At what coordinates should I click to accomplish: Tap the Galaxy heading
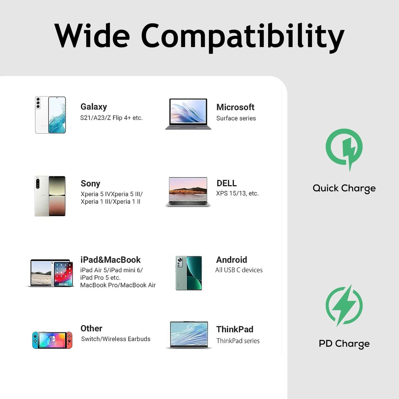point(94,107)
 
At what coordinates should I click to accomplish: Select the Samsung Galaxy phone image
point(50,115)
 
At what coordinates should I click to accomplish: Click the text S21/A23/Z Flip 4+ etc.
point(111,118)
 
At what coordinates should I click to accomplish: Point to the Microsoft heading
point(235,107)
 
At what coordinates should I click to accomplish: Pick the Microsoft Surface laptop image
point(188,114)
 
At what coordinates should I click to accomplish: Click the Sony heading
point(91,184)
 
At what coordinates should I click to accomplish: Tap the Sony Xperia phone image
point(50,196)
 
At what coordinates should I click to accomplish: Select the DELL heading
point(226,183)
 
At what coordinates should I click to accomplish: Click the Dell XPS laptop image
point(188,192)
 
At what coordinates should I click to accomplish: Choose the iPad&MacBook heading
point(110,260)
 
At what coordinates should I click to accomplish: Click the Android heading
point(231,260)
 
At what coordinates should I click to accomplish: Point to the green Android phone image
point(189,273)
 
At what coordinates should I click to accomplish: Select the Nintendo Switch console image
point(52,340)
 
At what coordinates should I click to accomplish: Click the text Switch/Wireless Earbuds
point(115,339)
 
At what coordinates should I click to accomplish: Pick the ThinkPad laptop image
point(189,335)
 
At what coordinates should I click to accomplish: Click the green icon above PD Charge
point(344,306)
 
